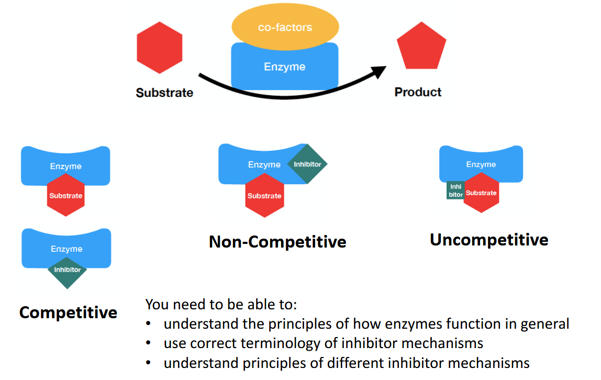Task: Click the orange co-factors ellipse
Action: pyautogui.click(x=285, y=27)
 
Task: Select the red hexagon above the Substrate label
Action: pyautogui.click(x=159, y=48)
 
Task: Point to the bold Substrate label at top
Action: pyautogui.click(x=164, y=93)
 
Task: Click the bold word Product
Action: pyautogui.click(x=418, y=92)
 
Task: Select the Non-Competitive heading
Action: pyautogui.click(x=277, y=241)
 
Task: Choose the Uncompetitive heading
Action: pyautogui.click(x=489, y=239)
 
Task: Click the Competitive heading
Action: pyautogui.click(x=68, y=312)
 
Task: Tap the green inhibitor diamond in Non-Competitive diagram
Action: pyautogui.click(x=307, y=164)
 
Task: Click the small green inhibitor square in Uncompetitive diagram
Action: pyautogui.click(x=455, y=191)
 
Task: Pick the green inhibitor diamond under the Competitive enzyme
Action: pyautogui.click(x=68, y=270)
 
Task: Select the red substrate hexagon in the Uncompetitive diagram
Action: pyautogui.click(x=481, y=193)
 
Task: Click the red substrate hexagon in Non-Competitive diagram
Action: pyautogui.click(x=264, y=196)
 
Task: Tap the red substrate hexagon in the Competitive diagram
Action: pyautogui.click(x=66, y=196)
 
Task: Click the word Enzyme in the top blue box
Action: pyautogui.click(x=284, y=67)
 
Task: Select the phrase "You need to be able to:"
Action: pyautogui.click(x=221, y=304)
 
